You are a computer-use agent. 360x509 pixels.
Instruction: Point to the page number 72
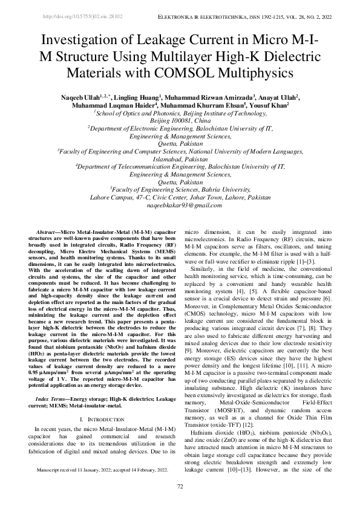click(180, 486)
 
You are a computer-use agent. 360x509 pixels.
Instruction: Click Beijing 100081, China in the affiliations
click(180, 120)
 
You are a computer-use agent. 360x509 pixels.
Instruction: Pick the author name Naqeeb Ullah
click(91, 97)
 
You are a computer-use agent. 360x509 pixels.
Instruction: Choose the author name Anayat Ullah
click(281, 97)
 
